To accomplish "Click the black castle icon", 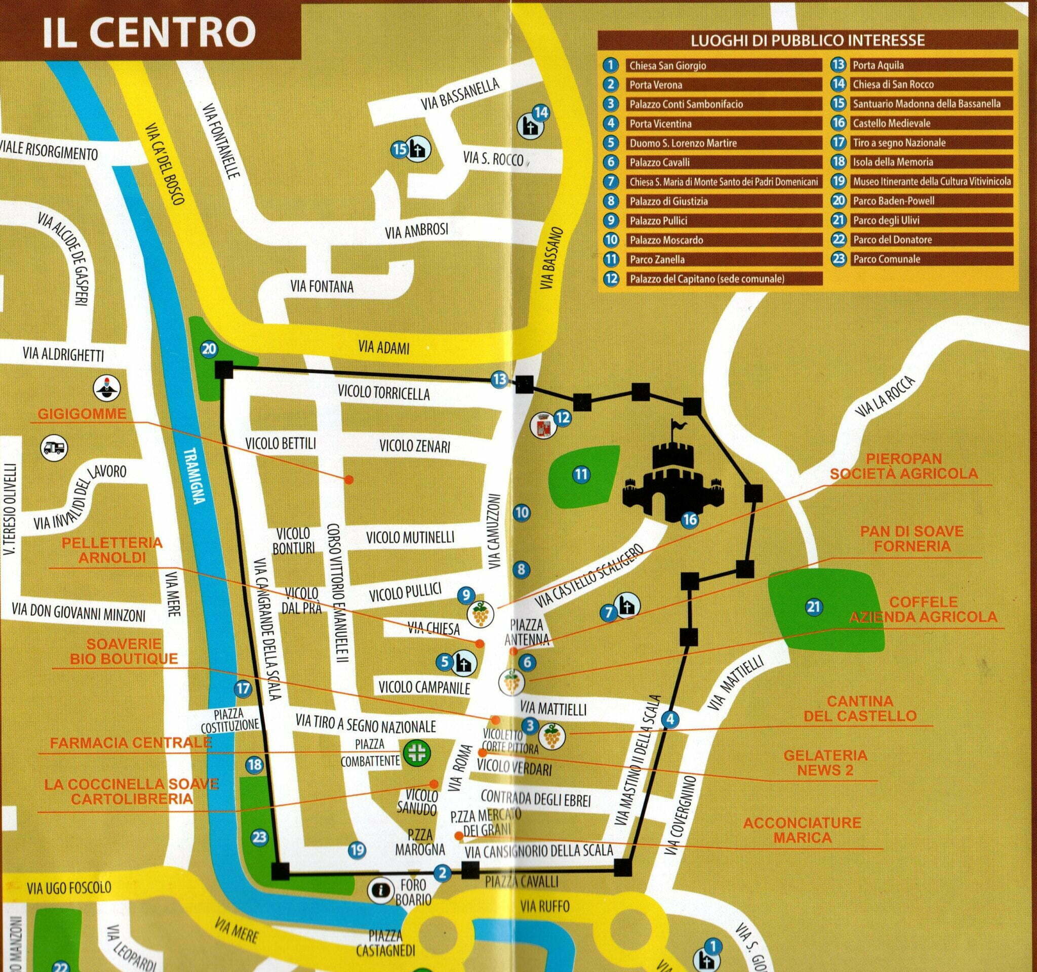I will [x=673, y=480].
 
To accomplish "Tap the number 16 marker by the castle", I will [x=690, y=519].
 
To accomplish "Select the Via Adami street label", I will [x=384, y=347].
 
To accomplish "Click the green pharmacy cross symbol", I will [x=416, y=752].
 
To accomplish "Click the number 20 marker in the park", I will [x=209, y=349].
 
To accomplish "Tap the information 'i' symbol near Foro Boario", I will [x=380, y=890].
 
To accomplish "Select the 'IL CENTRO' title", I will [x=149, y=32].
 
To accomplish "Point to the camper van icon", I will [x=54, y=448].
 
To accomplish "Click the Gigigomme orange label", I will [x=82, y=414].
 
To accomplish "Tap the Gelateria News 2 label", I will [x=825, y=763].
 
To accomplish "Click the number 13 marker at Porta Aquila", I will [x=499, y=379].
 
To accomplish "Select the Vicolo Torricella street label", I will [x=383, y=394].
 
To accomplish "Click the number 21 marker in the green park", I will [x=813, y=606].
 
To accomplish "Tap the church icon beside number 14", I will [x=529, y=127].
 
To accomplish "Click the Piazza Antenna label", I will [x=526, y=631].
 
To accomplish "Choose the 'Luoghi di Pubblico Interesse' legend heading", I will [x=808, y=40].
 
